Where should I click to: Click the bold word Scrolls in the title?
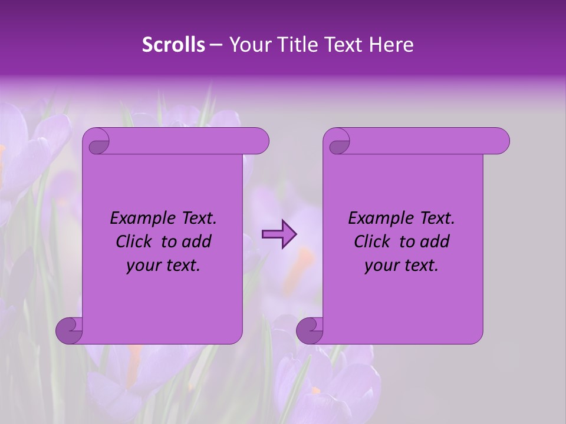[173, 45]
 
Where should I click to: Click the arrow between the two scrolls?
[279, 235]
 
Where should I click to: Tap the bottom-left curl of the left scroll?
[69, 330]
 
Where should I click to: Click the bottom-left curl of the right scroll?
[310, 330]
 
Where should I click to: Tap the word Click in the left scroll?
[134, 241]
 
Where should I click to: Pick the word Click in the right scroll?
[372, 241]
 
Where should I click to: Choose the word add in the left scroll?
[196, 241]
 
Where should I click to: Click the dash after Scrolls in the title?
[216, 45]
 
